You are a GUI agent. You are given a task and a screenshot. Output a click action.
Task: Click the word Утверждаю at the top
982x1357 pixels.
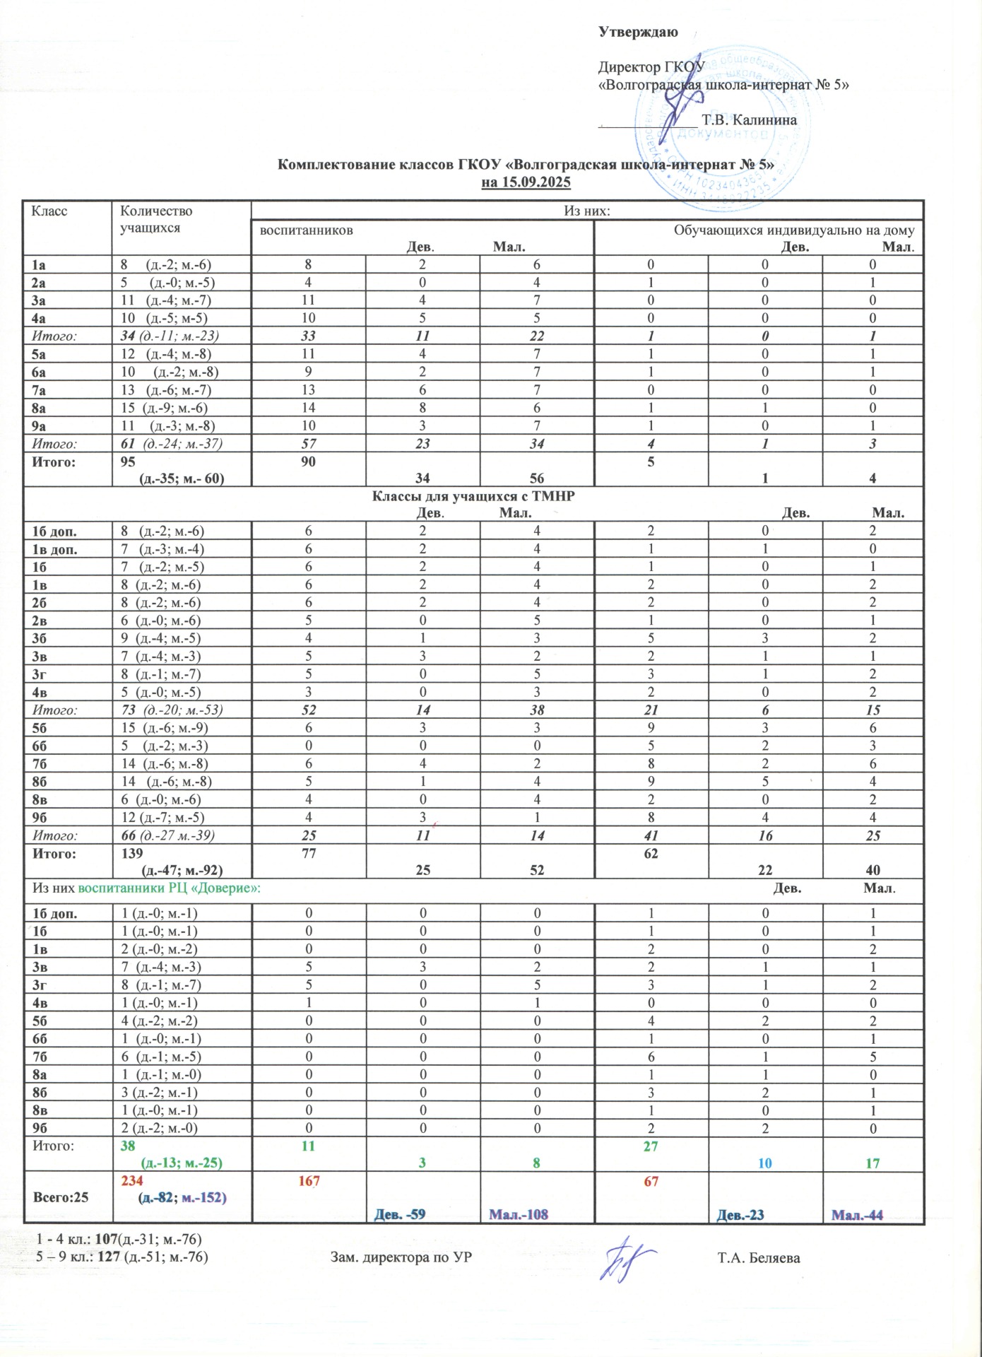click(638, 32)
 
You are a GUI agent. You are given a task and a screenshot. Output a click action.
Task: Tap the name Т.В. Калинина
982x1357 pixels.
click(749, 120)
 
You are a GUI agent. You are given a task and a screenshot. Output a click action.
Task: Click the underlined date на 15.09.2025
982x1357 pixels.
click(526, 182)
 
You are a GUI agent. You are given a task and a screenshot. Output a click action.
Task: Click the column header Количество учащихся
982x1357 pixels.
click(156, 219)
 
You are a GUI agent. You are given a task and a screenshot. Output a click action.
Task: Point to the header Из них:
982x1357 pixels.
click(586, 211)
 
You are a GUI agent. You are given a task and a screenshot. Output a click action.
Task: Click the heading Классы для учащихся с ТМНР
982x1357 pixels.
click(473, 496)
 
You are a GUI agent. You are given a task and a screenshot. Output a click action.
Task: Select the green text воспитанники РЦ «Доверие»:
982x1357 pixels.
click(169, 888)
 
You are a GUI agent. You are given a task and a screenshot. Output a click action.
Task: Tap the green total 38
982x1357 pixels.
click(128, 1146)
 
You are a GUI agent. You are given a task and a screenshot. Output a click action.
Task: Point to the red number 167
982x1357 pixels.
click(309, 1181)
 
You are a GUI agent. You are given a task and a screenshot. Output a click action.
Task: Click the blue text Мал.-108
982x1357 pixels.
click(519, 1214)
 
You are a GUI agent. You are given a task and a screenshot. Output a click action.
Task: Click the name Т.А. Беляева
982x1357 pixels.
click(758, 1258)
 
